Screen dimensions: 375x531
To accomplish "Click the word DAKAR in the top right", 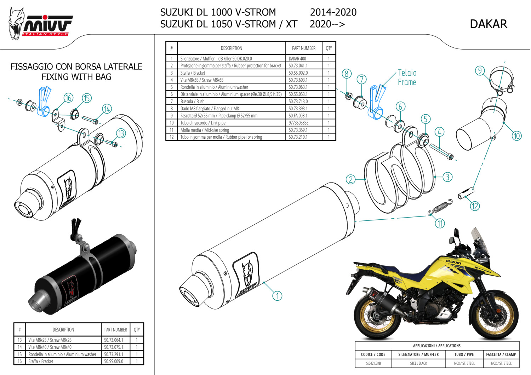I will coord(488,24).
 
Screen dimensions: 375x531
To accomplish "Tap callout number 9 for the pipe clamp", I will coord(480,71).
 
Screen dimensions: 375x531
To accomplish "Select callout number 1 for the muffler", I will coord(277,295).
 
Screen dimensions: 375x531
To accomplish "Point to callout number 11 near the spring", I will coord(440,223).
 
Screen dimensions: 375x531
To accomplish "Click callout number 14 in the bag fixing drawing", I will coord(107,109).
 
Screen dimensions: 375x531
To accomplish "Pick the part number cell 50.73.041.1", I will coord(298,66).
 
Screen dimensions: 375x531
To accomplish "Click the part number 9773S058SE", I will coord(298,123).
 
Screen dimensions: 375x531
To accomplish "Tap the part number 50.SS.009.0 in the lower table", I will coord(114,361).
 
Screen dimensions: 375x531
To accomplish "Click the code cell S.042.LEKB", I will coord(373,363).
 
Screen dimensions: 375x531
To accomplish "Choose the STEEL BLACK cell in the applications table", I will coord(418,363).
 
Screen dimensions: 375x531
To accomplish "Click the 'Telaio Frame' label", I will coord(407,77).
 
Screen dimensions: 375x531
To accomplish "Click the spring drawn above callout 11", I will coord(440,207).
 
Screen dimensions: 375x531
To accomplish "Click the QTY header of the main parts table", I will coord(329,48).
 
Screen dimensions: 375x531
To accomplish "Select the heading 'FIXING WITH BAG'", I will coord(76,77).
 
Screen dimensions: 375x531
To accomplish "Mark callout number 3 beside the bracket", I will coord(447,177).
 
